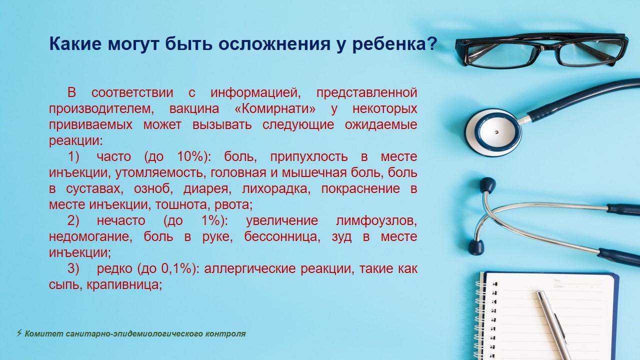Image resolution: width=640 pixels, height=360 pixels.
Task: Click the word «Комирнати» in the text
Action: click(275, 109)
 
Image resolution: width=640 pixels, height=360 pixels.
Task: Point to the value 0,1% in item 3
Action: click(176, 268)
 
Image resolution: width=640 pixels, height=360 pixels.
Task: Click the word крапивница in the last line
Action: click(124, 285)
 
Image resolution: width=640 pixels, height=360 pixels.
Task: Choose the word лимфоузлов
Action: click(376, 221)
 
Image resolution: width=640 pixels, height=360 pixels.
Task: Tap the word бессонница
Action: click(282, 237)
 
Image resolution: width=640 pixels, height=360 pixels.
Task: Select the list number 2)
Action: click(73, 221)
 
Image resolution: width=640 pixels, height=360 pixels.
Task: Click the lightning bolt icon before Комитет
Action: click(19, 333)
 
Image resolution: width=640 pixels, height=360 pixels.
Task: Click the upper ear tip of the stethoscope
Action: click(487, 184)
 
